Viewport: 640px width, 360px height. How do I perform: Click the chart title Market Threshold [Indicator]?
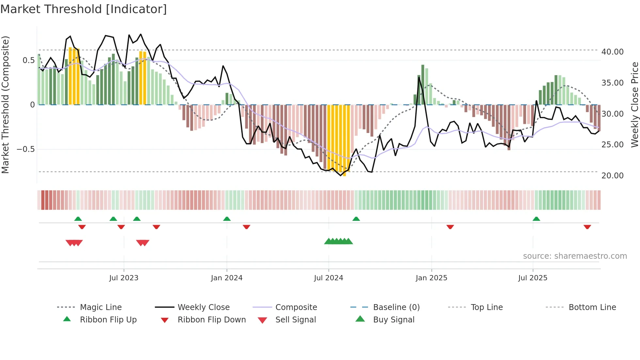(x=84, y=9)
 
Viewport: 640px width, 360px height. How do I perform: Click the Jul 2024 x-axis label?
(x=328, y=278)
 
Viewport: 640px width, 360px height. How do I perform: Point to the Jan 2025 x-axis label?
(x=431, y=278)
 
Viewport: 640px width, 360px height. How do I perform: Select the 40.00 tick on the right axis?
(x=612, y=52)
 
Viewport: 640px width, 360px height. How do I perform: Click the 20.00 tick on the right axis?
(x=612, y=176)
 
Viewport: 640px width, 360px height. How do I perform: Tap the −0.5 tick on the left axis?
(x=25, y=149)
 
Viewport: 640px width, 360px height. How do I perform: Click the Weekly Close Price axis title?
(x=634, y=105)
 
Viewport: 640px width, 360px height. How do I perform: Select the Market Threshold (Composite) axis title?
(x=5, y=105)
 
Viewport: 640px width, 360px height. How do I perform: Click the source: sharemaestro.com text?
(x=575, y=256)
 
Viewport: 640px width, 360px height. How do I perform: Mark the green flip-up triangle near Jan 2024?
(x=227, y=219)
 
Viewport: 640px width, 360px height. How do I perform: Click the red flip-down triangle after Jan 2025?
(x=450, y=227)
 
